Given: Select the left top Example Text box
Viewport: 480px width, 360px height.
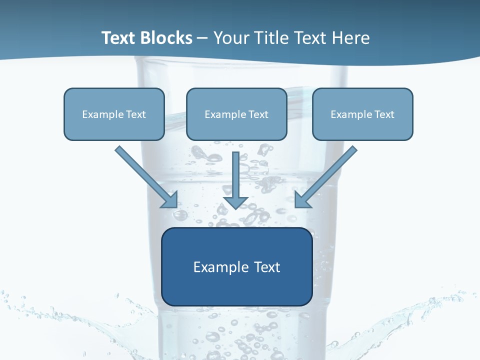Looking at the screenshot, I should [114, 114].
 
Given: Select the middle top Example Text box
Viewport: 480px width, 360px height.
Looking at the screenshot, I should [236, 114].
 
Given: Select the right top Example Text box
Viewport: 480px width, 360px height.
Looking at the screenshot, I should [362, 114].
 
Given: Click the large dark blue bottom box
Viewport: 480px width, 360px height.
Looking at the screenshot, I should [236, 266].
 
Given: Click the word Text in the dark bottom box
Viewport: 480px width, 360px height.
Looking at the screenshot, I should [266, 267].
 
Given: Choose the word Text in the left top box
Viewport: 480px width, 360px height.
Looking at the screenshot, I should [135, 114].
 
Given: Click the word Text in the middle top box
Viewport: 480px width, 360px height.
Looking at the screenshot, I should [258, 114].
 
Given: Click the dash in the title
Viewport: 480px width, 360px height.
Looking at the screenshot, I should [202, 38].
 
